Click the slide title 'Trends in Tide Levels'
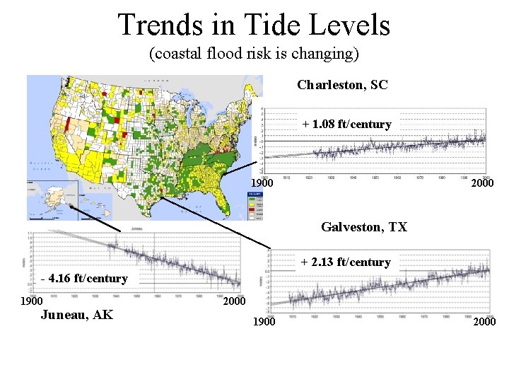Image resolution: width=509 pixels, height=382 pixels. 254,25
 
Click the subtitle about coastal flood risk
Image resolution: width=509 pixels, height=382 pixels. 254,54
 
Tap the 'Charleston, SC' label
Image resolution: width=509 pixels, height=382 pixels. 342,85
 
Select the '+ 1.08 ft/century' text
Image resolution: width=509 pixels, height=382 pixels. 346,124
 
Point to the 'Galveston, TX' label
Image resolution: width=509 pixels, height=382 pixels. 364,227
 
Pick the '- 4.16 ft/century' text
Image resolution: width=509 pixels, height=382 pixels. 84,278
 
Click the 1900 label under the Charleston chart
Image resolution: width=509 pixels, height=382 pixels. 262,184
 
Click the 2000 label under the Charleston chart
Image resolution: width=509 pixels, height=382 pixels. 482,184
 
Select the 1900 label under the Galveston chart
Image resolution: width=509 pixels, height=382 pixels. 264,322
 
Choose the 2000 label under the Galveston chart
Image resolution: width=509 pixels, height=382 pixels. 484,322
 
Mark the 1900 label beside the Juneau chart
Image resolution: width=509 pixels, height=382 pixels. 30,301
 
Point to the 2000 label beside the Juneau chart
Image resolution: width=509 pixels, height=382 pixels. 234,301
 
